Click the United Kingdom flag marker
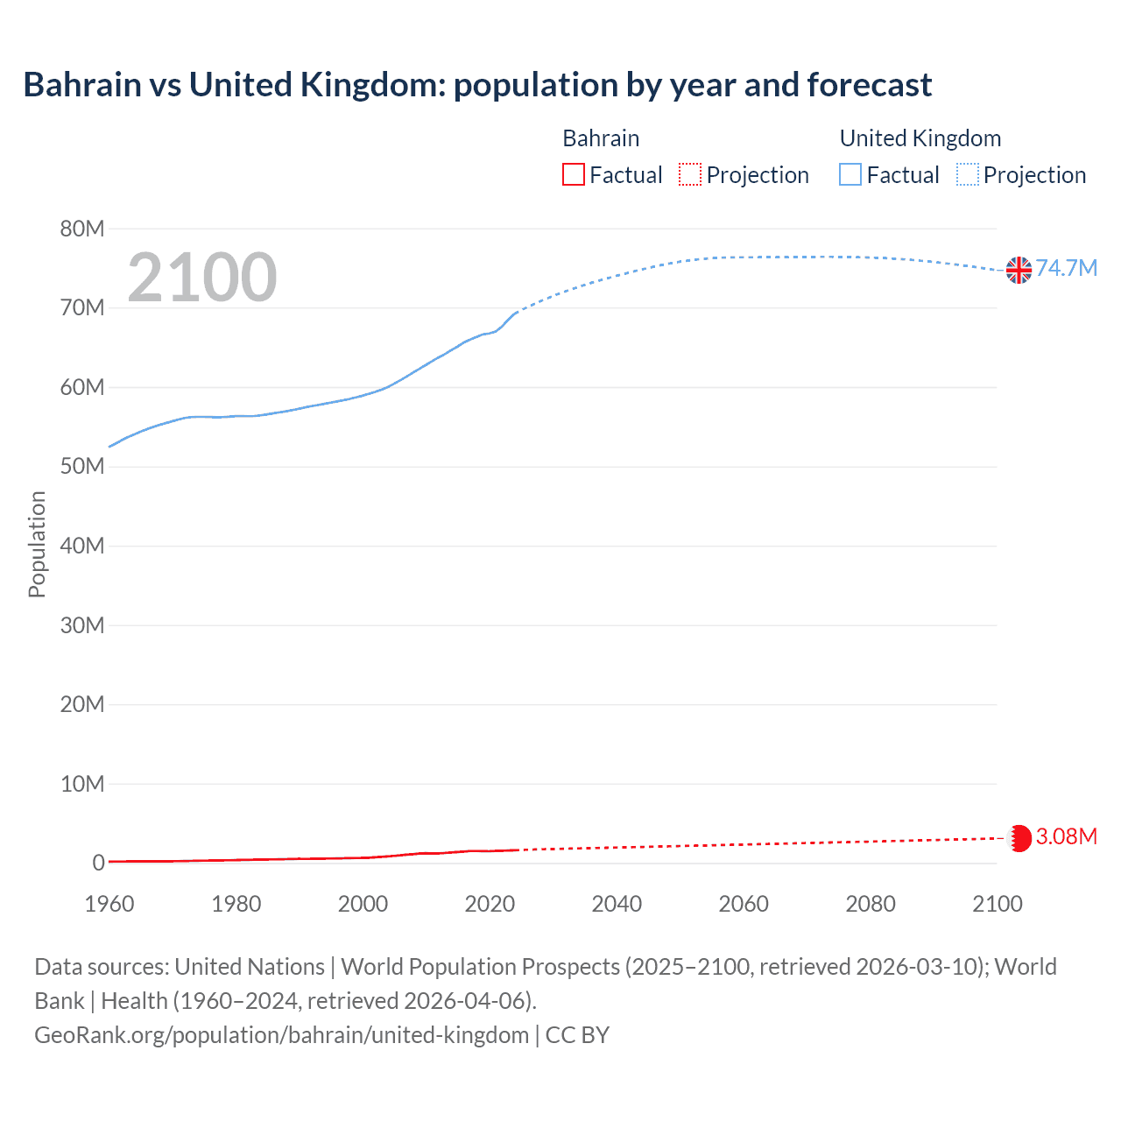(x=1019, y=270)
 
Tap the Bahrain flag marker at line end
(x=1019, y=838)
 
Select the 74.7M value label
(x=1067, y=268)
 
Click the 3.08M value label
(x=1067, y=836)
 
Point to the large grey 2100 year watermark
(x=202, y=278)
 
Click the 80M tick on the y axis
(x=82, y=229)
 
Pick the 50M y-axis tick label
(x=82, y=467)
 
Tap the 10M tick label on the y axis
(x=82, y=784)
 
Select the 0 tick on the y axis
(x=98, y=864)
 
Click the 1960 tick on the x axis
(x=109, y=904)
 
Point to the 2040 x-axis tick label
(x=617, y=904)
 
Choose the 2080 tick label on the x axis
(x=871, y=904)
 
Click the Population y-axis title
(x=37, y=544)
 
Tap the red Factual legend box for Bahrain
(x=574, y=175)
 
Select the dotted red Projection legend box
(x=690, y=175)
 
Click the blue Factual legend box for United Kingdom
(x=850, y=175)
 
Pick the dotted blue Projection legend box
(x=968, y=175)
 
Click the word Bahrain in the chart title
(x=82, y=85)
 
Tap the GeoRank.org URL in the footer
(x=281, y=1035)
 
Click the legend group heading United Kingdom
(x=920, y=138)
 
